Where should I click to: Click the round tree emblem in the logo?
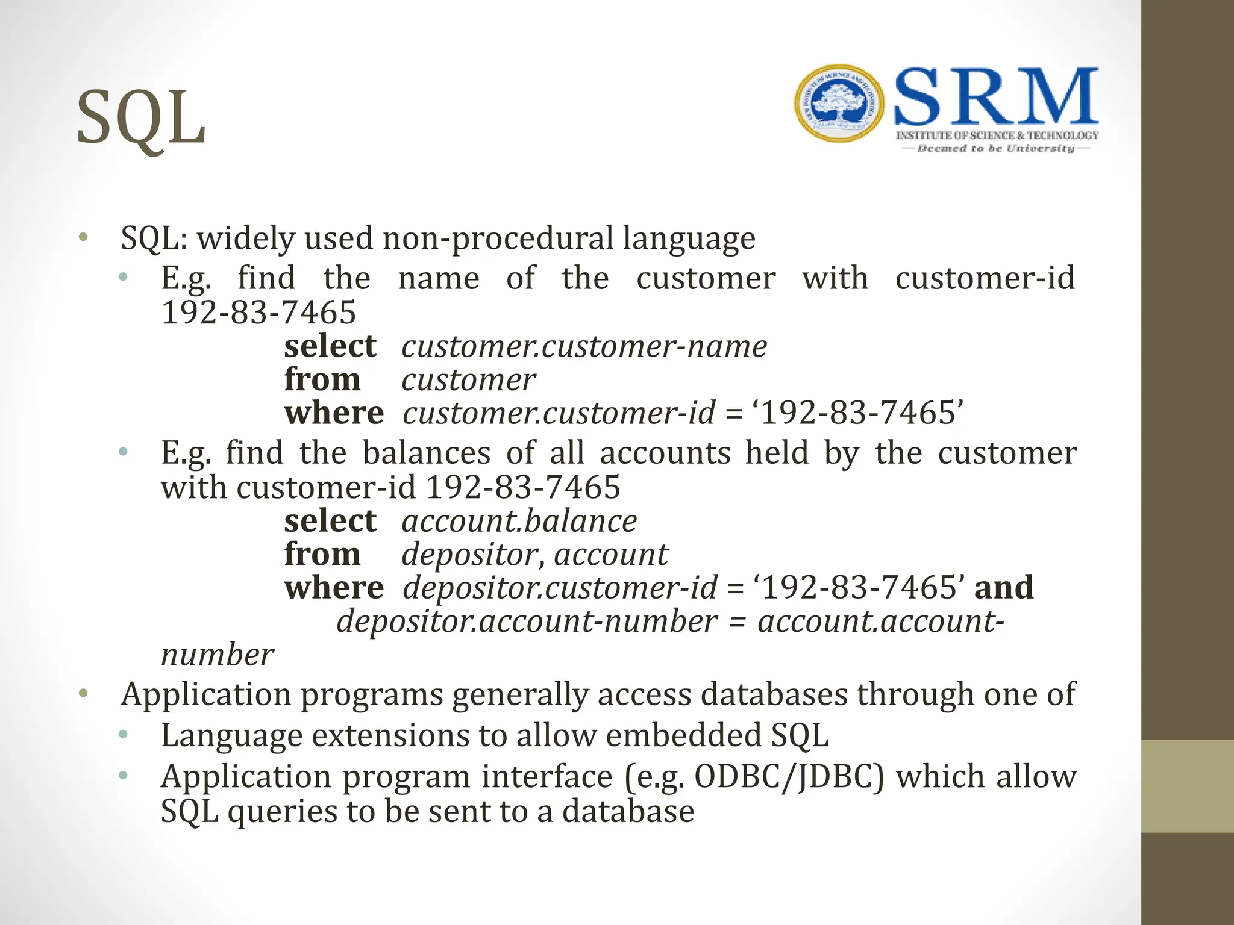[x=839, y=103]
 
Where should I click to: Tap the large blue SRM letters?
[x=996, y=97]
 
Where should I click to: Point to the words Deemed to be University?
[x=995, y=148]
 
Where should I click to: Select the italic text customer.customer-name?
[x=584, y=347]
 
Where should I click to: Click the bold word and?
[x=1004, y=587]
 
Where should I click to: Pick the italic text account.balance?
[x=519, y=521]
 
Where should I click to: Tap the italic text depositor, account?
[x=534, y=555]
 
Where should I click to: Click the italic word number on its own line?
[x=218, y=655]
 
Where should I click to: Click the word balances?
[x=427, y=453]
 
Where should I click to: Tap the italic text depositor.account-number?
[x=527, y=621]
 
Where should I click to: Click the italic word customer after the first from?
[x=468, y=380]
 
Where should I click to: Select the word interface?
[x=547, y=777]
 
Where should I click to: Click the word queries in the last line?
[x=283, y=812]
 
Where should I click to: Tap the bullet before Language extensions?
[x=124, y=734]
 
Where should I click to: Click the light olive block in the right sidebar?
[x=1188, y=786]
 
